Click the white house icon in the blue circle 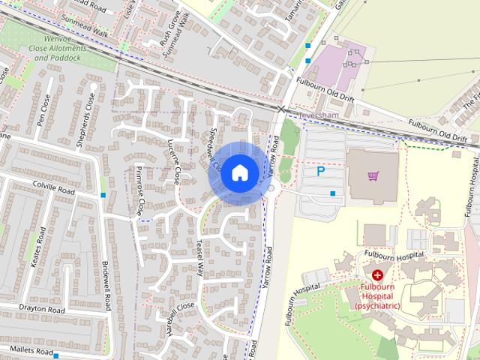238,172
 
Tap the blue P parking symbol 321,172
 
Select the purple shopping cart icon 373,175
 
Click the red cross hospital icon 377,276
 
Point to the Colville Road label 53,192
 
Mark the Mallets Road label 28,350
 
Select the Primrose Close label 139,190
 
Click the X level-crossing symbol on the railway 281,109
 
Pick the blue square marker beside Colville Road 103,195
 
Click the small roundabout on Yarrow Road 271,189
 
